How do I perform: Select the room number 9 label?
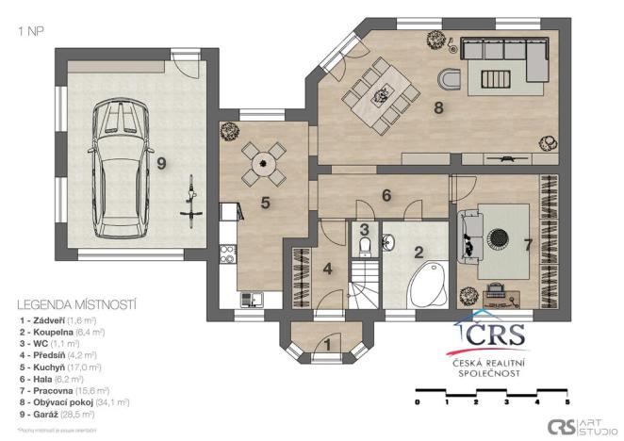[x=161, y=163]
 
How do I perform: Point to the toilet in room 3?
[x=364, y=246]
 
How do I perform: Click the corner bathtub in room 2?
[x=425, y=284]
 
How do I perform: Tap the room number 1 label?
[x=327, y=344]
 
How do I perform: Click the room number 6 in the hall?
[x=386, y=196]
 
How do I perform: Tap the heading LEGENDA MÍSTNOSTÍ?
[x=77, y=304]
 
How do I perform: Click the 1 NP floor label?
[x=30, y=30]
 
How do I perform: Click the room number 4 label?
[x=328, y=268]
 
